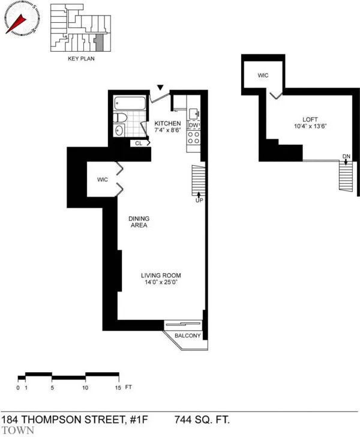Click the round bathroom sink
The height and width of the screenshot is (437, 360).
tap(119, 130)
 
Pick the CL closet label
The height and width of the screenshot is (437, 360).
tap(139, 143)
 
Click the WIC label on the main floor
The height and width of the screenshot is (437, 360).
tap(98, 179)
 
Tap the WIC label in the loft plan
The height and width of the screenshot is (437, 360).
tap(263, 76)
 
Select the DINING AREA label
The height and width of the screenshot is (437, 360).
tap(137, 222)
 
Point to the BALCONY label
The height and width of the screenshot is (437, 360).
tap(188, 336)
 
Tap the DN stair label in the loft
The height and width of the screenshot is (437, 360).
tap(346, 157)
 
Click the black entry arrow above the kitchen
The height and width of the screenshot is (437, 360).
tap(159, 88)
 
